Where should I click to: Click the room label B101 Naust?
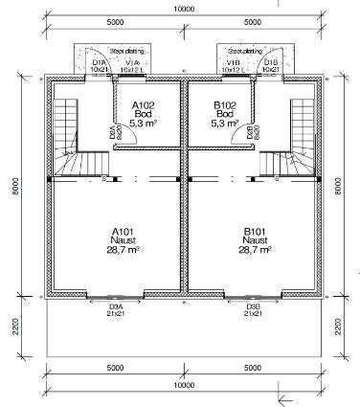pyautogui.click(x=254, y=240)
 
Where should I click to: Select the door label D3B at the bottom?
pyautogui.click(x=254, y=308)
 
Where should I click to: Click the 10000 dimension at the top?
pyautogui.click(x=179, y=7)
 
